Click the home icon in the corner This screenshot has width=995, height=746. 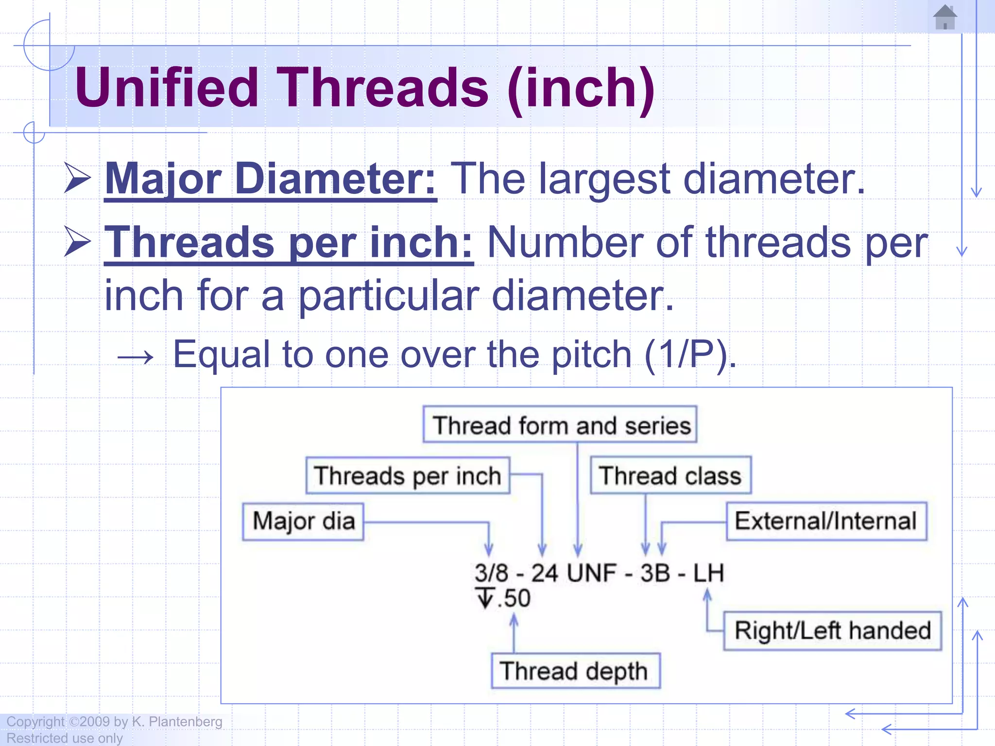pos(945,17)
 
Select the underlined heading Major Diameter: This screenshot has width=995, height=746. pos(271,179)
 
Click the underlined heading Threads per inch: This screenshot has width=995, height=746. pos(289,243)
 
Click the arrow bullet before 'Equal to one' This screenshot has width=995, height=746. pos(136,357)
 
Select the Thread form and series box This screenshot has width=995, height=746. pos(560,425)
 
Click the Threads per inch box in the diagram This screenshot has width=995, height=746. pos(408,475)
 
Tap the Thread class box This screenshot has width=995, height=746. pos(670,475)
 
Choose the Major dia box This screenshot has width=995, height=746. pos(303,521)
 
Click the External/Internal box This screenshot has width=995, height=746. pos(826,521)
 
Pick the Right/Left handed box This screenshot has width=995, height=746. pos(832,630)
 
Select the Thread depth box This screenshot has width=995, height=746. pos(575,671)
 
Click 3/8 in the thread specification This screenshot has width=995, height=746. pos(491,573)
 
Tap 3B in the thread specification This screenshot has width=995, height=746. pos(655,573)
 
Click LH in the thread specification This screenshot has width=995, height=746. pos(708,573)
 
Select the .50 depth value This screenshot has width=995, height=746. pos(514,598)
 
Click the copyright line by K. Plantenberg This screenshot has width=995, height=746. pos(114,722)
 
